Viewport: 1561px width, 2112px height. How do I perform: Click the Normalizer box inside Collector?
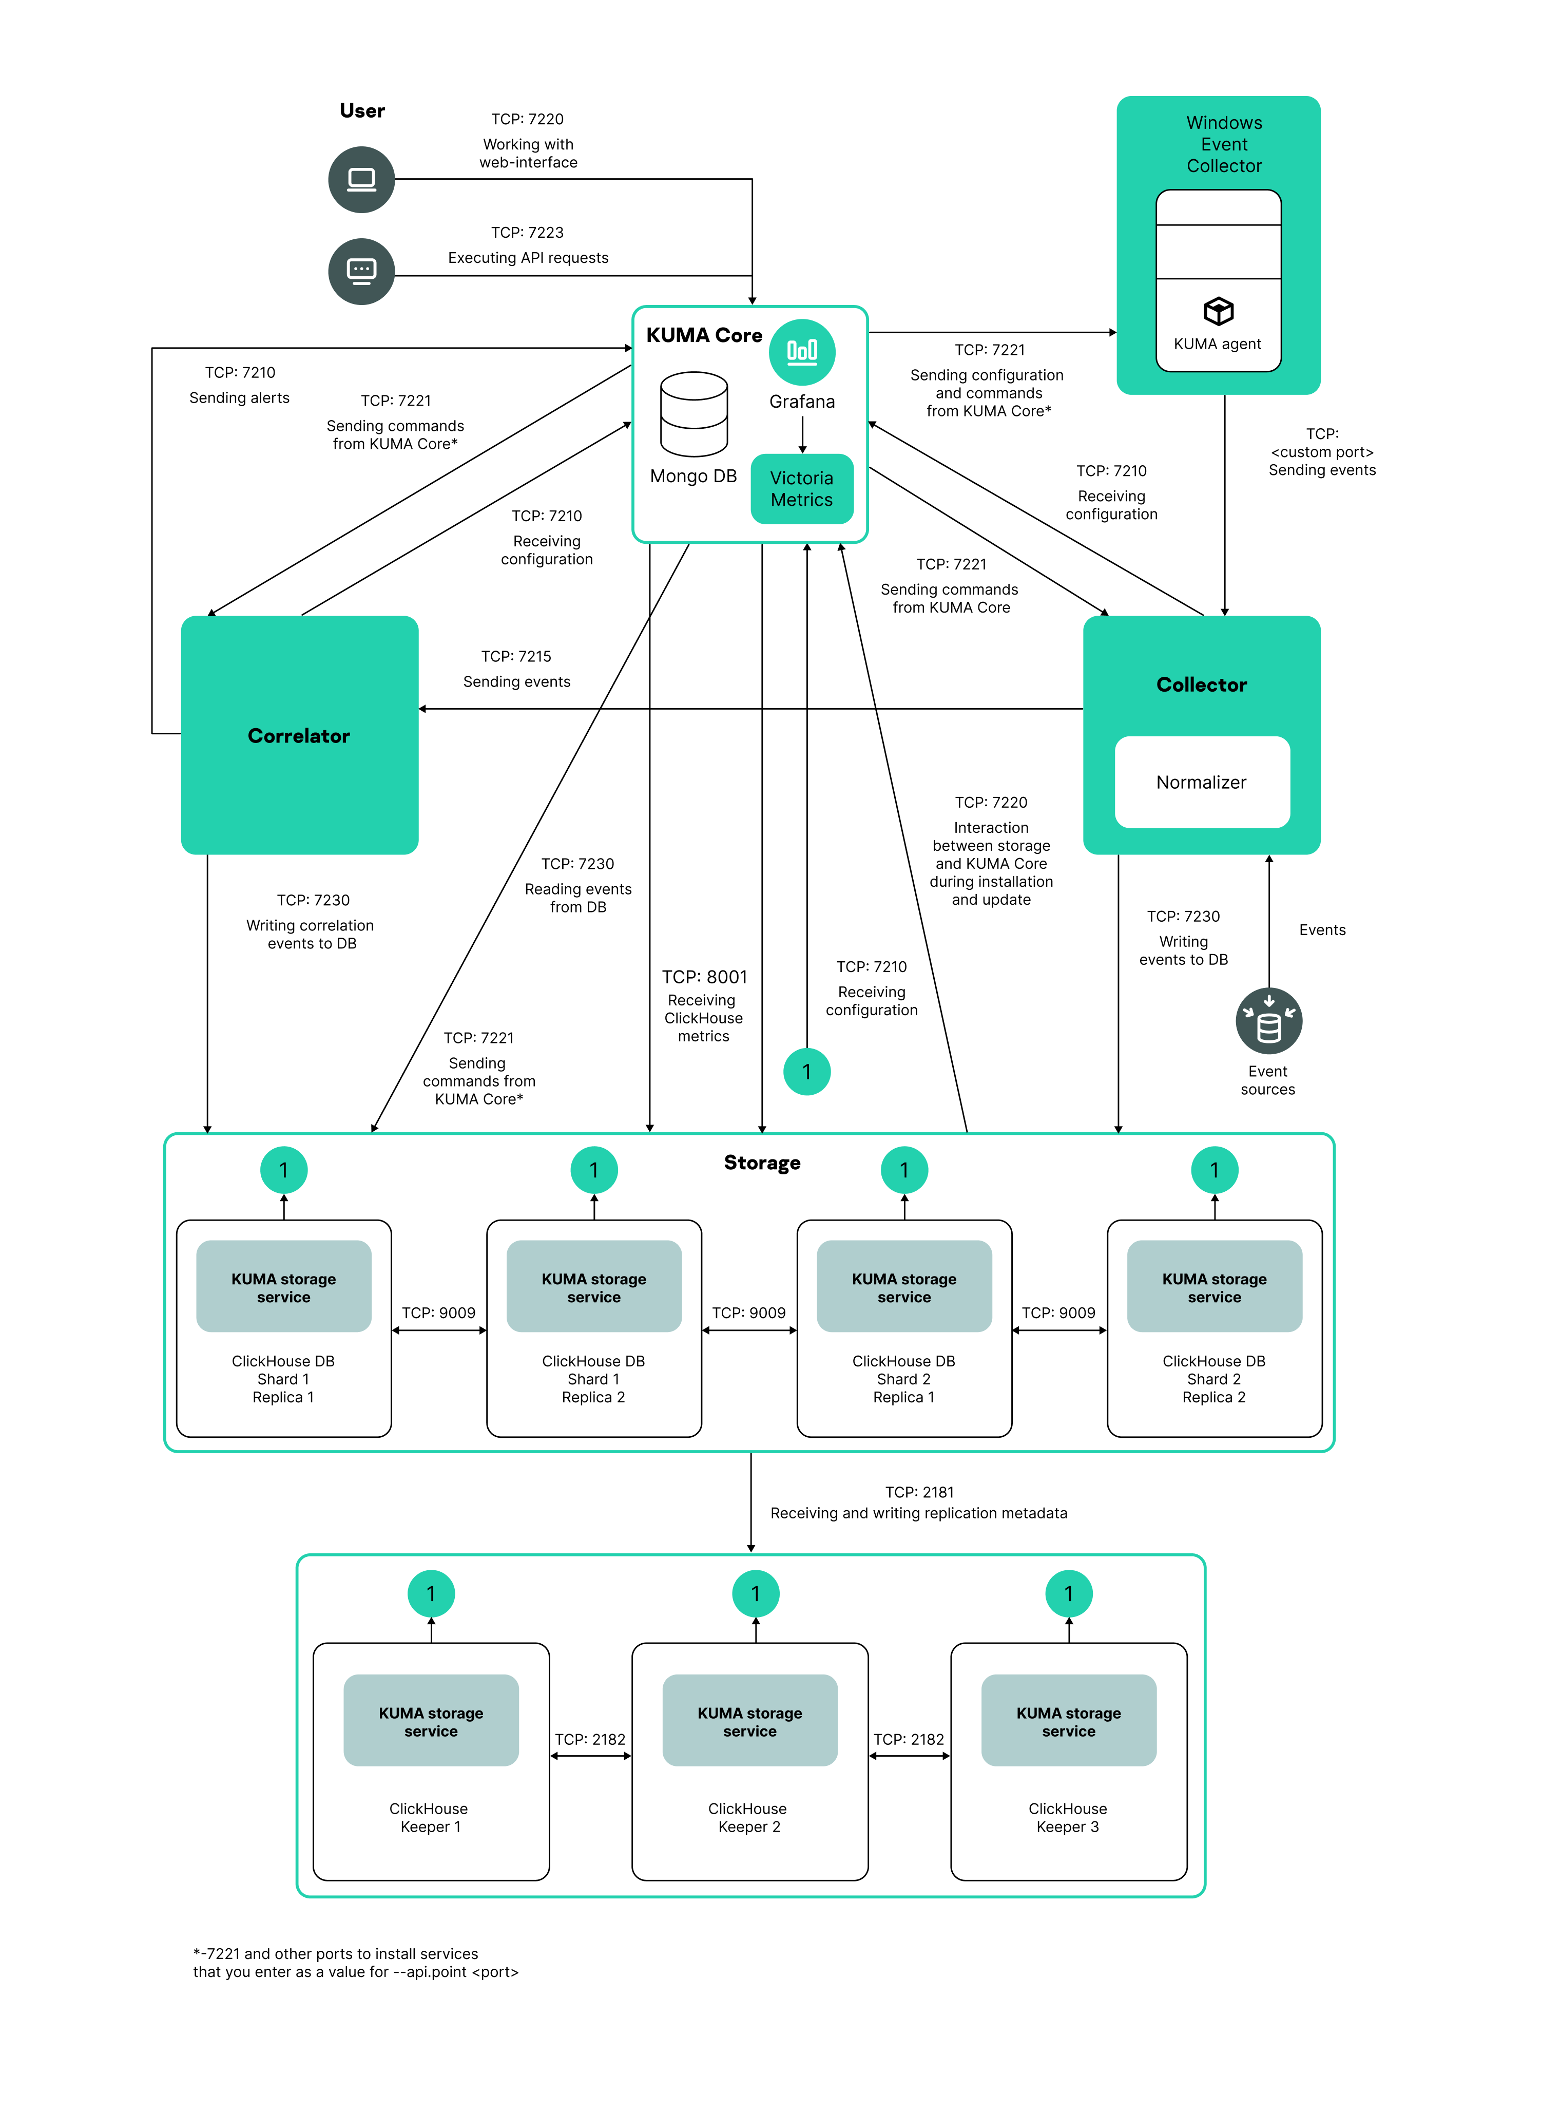(1201, 783)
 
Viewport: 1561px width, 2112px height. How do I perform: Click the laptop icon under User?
(361, 180)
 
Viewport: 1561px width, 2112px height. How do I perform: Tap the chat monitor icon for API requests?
(361, 271)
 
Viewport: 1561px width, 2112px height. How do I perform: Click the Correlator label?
(299, 736)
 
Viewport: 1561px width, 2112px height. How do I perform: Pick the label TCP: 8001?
(704, 977)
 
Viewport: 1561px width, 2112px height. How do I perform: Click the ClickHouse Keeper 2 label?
(748, 1817)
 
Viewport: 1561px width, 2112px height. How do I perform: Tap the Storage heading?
(762, 1163)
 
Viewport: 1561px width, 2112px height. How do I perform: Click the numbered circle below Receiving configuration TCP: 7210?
(807, 1072)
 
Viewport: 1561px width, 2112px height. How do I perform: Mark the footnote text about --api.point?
(355, 1963)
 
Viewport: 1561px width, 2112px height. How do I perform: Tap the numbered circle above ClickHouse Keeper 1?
(431, 1594)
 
